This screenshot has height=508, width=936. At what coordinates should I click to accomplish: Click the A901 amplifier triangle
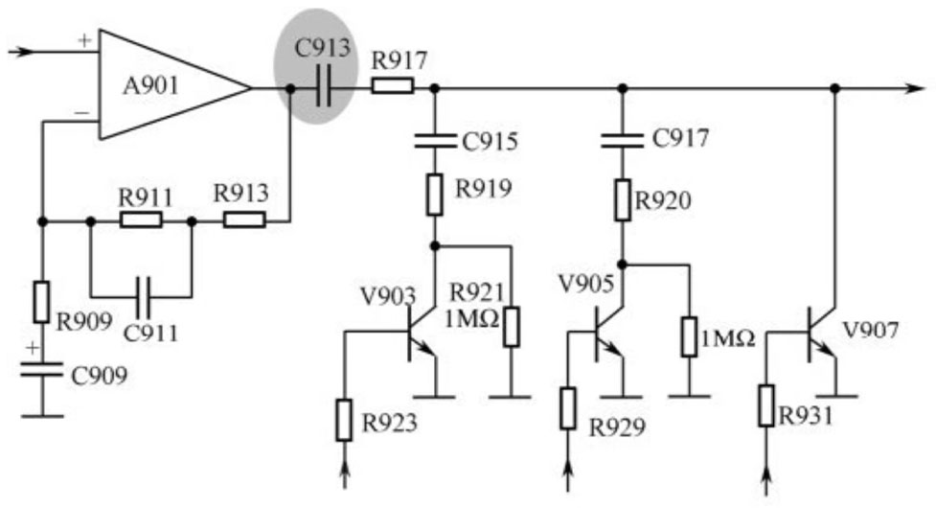(173, 86)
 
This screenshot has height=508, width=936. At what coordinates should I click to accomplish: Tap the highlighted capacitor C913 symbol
(323, 88)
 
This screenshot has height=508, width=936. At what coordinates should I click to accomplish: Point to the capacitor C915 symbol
(435, 140)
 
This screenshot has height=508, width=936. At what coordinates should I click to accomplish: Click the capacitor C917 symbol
(623, 140)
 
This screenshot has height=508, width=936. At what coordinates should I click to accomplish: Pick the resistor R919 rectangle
(435, 195)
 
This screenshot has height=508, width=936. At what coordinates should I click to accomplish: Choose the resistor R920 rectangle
(623, 200)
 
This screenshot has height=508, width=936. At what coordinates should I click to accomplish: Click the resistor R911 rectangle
(141, 220)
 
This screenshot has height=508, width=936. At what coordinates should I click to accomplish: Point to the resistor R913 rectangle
(244, 220)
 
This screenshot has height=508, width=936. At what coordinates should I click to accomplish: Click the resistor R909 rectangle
(41, 302)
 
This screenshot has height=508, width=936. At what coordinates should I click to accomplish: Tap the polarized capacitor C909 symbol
(41, 370)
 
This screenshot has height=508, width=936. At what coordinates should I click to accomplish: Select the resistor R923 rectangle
(344, 421)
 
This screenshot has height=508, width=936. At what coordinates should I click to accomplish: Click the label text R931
(806, 415)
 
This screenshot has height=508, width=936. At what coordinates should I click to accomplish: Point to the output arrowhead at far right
(916, 88)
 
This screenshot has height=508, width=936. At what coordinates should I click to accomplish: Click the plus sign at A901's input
(84, 40)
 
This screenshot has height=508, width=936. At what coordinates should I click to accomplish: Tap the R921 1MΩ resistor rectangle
(511, 327)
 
